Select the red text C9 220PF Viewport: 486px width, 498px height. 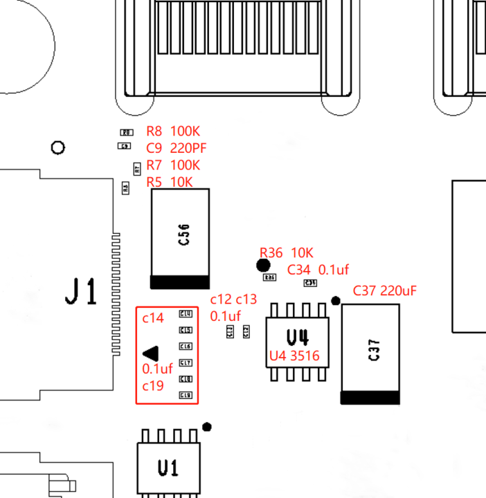click(x=177, y=148)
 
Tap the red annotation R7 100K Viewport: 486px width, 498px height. click(x=173, y=165)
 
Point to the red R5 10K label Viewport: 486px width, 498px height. click(x=170, y=182)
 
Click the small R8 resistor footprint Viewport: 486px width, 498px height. click(x=126, y=132)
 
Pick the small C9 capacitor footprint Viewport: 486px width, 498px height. click(x=125, y=146)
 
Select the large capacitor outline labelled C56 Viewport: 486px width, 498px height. click(x=180, y=238)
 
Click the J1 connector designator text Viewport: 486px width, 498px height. click(x=82, y=291)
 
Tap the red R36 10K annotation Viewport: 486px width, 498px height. click(x=287, y=252)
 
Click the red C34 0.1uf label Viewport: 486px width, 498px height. click(x=318, y=270)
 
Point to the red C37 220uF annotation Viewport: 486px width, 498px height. click(x=385, y=290)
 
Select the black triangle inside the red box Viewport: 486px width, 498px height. click(x=152, y=353)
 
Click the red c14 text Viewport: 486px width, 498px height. click(x=153, y=318)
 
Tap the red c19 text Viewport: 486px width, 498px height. click(x=153, y=385)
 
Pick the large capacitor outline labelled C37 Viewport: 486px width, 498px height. click(x=370, y=353)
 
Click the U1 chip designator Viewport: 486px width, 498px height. click(x=168, y=468)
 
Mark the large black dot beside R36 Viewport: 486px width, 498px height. click(x=263, y=265)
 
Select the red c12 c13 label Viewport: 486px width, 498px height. click(x=233, y=299)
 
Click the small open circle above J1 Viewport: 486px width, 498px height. click(x=58, y=147)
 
